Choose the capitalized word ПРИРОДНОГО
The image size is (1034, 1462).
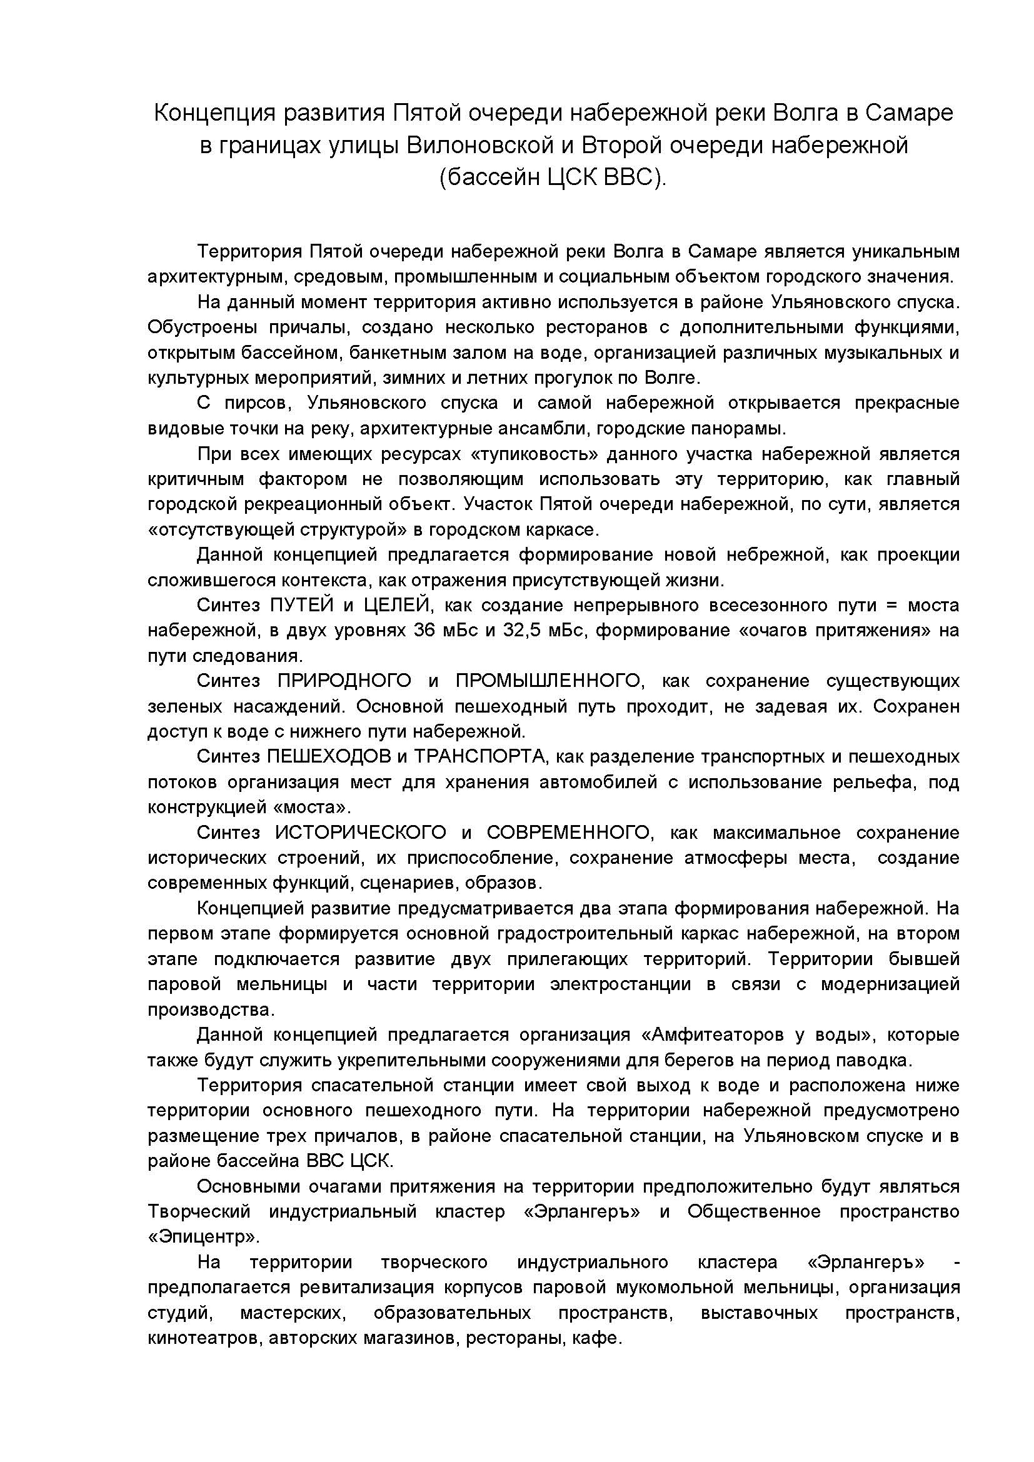point(344,681)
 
